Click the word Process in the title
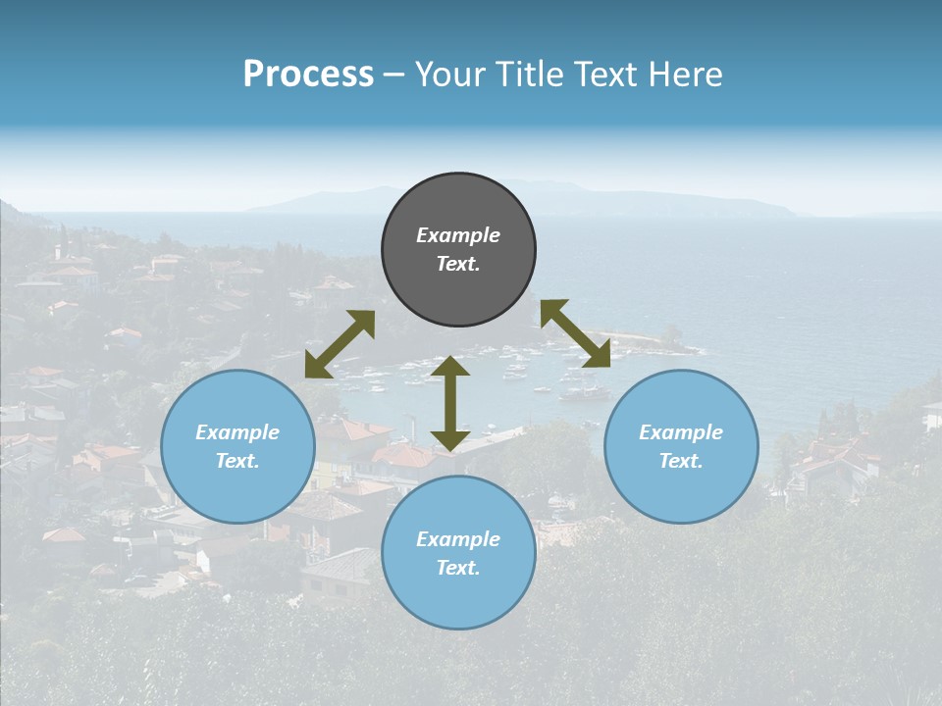(x=308, y=75)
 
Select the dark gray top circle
(x=458, y=250)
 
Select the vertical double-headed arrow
(x=450, y=403)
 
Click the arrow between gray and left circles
(x=340, y=344)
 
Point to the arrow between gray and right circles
(x=575, y=333)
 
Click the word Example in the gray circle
(x=458, y=235)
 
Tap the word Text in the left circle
(x=237, y=461)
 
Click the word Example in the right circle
(x=681, y=432)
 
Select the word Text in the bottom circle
(x=458, y=568)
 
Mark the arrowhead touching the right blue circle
(x=596, y=354)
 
